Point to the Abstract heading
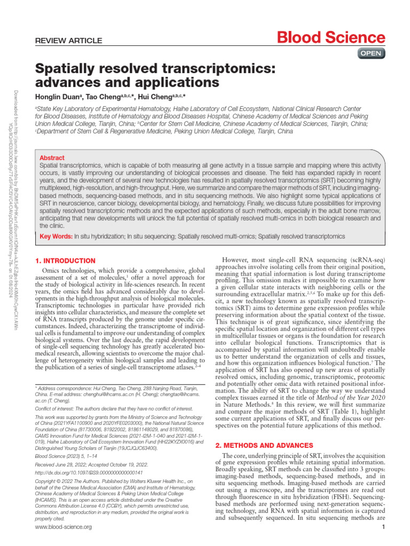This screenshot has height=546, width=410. click(x=52, y=158)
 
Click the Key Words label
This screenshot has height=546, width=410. click(x=56, y=236)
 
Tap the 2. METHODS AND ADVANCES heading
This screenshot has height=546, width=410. click(x=264, y=445)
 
